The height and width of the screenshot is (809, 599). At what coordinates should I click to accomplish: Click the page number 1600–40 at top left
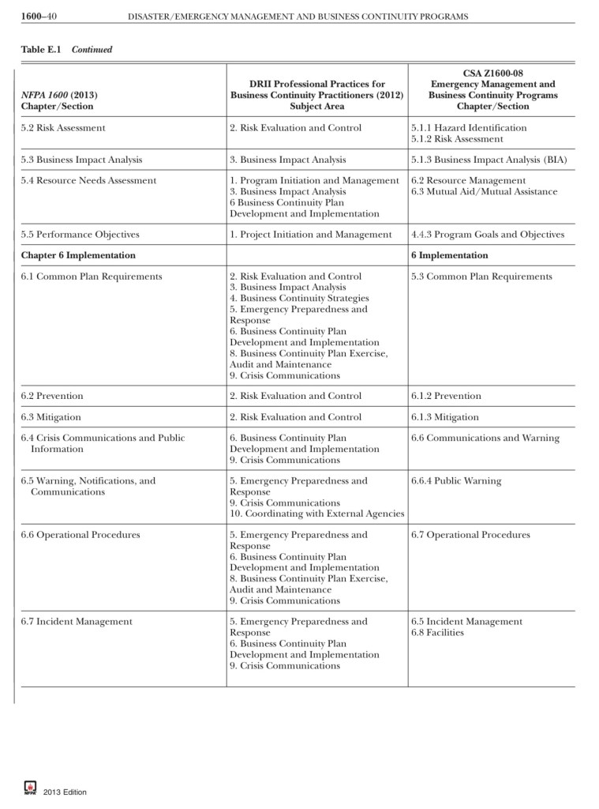coord(37,16)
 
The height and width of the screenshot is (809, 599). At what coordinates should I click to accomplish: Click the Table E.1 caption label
coord(44,50)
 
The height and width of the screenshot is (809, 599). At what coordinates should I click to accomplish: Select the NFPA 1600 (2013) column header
coord(59,95)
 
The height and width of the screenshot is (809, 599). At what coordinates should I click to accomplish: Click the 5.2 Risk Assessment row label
coord(63,128)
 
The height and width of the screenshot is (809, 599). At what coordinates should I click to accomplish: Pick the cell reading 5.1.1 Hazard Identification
coord(469,128)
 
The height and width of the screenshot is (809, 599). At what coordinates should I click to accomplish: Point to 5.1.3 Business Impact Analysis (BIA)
coord(489,160)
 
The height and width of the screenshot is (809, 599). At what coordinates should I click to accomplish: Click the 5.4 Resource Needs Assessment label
coord(88,181)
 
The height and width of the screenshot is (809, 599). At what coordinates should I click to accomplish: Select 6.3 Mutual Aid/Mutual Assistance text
coord(484,192)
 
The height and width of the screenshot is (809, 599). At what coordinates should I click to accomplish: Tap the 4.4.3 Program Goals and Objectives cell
coord(488,235)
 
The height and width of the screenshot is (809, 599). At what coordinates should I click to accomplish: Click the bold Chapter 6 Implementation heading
coord(78,255)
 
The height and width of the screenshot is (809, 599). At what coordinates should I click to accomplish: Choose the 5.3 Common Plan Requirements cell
coord(481,277)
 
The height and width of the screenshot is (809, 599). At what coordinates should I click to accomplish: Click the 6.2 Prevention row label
coord(52,396)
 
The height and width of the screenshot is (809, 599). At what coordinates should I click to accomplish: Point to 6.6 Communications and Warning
coord(485,438)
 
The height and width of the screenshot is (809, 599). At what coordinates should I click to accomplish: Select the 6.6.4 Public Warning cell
coord(455,481)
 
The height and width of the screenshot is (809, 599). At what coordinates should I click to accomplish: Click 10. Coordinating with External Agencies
coord(316,514)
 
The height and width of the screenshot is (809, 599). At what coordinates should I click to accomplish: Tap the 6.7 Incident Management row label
coord(77,622)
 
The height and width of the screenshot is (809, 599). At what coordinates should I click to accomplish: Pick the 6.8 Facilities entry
coord(437,633)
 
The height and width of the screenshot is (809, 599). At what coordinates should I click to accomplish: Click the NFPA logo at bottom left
coord(31,788)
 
